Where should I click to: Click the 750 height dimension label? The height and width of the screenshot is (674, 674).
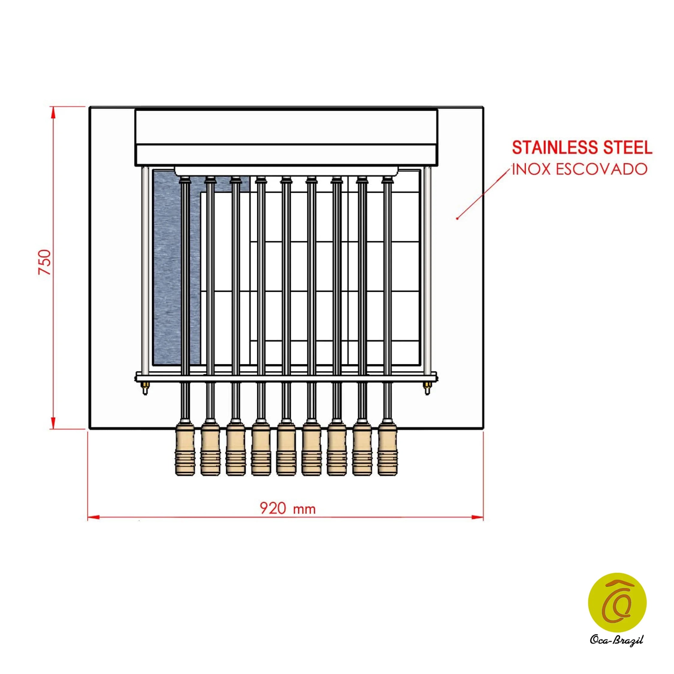(x=45, y=262)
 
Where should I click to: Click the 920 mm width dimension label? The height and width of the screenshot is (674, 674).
(x=288, y=509)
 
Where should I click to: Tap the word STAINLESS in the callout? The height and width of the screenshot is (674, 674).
(x=553, y=148)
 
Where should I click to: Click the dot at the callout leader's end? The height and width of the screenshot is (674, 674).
(x=457, y=219)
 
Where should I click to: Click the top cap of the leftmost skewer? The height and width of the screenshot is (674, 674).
(x=185, y=181)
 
